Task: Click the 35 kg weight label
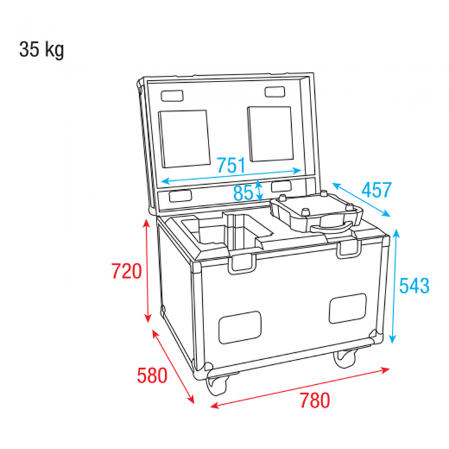pos(42,50)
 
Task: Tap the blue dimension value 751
pos(231,165)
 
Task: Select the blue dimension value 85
pos(243,192)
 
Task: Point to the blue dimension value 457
pos(377,190)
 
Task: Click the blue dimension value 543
pos(414,285)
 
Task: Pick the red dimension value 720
pos(126,271)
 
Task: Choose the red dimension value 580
pos(152,375)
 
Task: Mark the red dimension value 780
pos(315,400)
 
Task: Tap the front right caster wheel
pos(345,358)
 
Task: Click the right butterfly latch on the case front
pos(348,249)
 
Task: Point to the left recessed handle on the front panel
pos(240,327)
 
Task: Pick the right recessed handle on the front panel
pos(348,309)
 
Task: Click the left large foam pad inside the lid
pos(185,139)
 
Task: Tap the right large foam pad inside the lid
pos(271,133)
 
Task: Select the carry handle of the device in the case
pos(332,227)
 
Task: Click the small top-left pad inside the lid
pos(172,96)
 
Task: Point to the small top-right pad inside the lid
pos(275,92)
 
